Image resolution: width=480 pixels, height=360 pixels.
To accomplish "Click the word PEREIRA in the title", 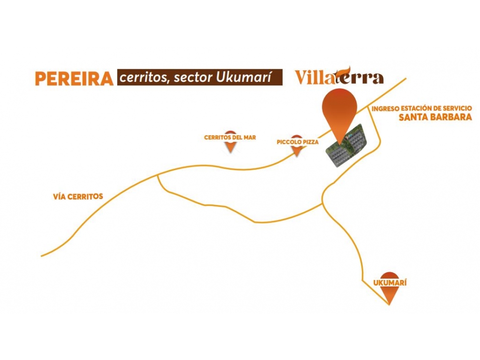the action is (75, 78).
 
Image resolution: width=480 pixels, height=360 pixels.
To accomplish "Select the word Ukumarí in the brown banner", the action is (244, 77).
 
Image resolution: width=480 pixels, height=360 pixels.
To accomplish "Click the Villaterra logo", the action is (339, 76).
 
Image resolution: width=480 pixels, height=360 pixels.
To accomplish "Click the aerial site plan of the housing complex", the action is (346, 145).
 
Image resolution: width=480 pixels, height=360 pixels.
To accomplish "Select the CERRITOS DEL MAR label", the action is (230, 137).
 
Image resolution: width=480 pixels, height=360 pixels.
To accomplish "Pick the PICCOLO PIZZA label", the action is (298, 142).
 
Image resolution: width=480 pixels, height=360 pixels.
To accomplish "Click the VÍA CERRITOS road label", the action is (78, 197).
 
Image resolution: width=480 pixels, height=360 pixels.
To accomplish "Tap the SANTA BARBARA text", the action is (435, 117).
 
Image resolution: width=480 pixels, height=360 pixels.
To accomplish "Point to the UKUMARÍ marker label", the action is (390, 283).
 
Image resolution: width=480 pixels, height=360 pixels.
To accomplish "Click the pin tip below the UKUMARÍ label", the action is (389, 305).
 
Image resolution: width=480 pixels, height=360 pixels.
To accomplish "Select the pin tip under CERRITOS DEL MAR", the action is (230, 153).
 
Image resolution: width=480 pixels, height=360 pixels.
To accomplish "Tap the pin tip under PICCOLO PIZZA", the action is (297, 156).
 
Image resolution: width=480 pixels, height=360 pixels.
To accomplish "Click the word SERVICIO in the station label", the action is (457, 108).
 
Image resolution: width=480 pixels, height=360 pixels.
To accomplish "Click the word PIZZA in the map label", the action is (311, 142).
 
